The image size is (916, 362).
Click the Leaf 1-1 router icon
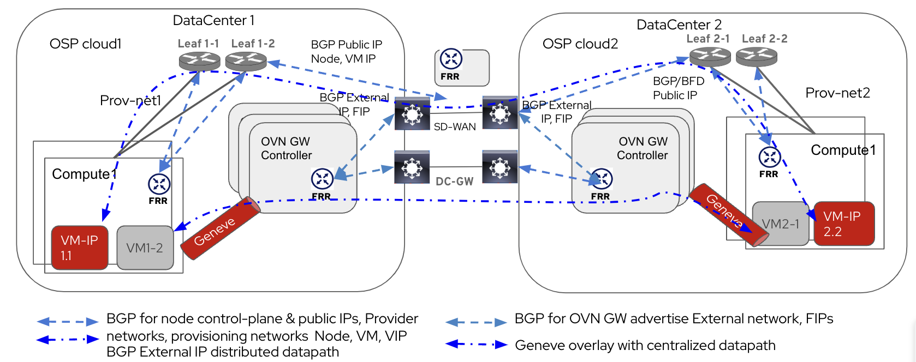tap(199, 61)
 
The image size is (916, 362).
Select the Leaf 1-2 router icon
tap(246, 61)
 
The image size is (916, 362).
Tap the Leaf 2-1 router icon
tap(710, 56)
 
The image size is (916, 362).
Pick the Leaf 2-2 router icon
tap(756, 56)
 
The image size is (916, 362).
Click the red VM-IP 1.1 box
tap(80, 248)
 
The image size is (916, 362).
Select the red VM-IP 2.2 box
tap(844, 224)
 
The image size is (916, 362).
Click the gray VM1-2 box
tap(145, 248)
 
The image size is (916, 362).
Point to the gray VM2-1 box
tap(781, 224)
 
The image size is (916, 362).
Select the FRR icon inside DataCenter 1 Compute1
tap(159, 184)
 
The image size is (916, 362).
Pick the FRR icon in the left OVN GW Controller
tap(322, 178)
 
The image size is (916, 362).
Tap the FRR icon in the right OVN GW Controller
tap(602, 178)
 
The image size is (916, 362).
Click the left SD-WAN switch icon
tap(412, 113)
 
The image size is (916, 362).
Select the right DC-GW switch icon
tap(499, 167)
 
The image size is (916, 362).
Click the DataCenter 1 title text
tap(213, 20)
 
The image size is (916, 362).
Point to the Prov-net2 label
tap(837, 93)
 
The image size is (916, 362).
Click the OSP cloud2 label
tap(580, 44)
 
